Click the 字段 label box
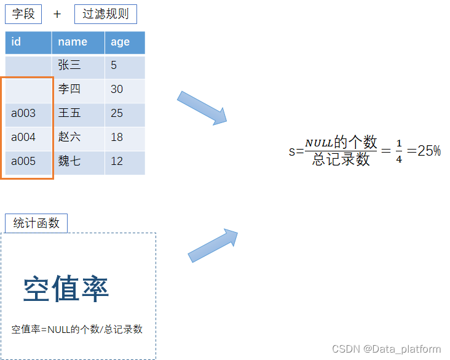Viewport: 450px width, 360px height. pos(23,14)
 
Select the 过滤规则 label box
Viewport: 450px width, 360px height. pos(106,14)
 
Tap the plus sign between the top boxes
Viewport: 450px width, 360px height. pos(57,14)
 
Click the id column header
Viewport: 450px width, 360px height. pos(28,42)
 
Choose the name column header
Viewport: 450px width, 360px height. pos(78,42)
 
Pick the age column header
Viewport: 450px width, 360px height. pos(125,42)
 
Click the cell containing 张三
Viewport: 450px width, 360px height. pos(78,65)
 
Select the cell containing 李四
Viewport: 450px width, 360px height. pos(78,89)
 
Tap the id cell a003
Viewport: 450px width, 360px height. pos(28,113)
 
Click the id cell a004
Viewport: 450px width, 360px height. pos(28,137)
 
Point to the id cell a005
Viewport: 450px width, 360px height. pos(28,161)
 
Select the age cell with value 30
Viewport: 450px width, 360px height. pos(125,89)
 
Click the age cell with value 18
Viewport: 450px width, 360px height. pos(125,137)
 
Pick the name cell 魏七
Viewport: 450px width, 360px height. pos(78,161)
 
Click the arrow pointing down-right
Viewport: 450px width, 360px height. pos(202,108)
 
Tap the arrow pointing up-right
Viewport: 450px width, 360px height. pos(213,246)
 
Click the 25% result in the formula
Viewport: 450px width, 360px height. pos(429,151)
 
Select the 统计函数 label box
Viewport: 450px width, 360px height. pos(36,223)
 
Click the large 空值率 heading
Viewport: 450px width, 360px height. pos(66,289)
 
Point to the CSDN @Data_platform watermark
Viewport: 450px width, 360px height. pos(382,349)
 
